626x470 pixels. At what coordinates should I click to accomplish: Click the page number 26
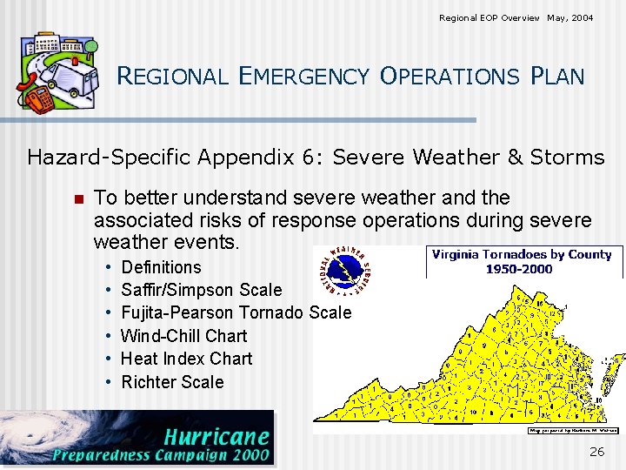point(596,451)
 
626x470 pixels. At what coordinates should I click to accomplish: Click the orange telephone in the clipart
point(38,98)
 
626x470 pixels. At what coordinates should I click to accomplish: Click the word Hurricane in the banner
point(216,436)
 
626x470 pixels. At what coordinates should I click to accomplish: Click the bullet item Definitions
point(161,267)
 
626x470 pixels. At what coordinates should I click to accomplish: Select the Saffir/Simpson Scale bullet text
point(201,290)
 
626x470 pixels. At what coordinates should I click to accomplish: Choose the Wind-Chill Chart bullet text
point(183,336)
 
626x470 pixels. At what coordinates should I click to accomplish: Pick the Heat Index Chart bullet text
point(186,359)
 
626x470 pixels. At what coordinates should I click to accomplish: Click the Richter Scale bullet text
point(172,382)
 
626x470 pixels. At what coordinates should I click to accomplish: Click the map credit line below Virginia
point(573,430)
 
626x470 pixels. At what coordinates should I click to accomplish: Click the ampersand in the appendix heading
point(515,158)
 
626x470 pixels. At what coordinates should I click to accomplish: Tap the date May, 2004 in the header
point(570,17)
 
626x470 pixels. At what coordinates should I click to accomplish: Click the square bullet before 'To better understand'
point(77,199)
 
